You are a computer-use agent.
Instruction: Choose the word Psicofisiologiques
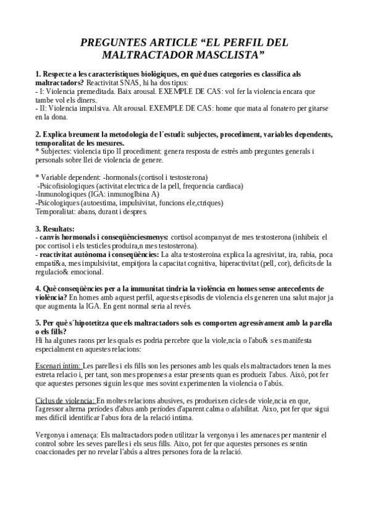pos(68,186)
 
